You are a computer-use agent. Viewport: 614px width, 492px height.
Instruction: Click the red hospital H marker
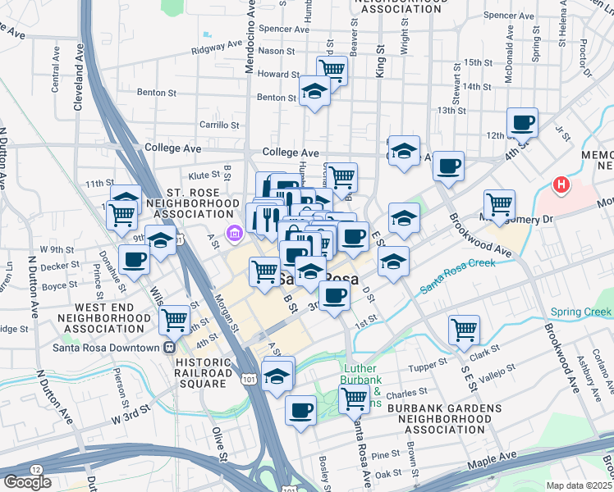coord(561,185)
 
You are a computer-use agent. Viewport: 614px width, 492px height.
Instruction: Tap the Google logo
coord(27,482)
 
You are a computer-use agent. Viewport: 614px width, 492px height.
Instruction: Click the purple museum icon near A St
coord(235,235)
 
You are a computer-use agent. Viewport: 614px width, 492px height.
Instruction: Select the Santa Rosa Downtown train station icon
coord(170,347)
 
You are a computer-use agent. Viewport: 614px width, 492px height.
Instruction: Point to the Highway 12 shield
coord(36,468)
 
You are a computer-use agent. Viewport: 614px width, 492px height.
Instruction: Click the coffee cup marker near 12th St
coord(522,124)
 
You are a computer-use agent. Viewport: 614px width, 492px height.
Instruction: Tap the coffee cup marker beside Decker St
coord(135,260)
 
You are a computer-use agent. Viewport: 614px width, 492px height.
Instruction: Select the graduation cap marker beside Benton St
coord(314,92)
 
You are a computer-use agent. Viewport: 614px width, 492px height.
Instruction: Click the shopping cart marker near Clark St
coord(464,330)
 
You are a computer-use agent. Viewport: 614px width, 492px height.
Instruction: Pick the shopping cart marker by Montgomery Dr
coord(499,203)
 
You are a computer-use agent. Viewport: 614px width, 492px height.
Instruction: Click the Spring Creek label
coord(580,312)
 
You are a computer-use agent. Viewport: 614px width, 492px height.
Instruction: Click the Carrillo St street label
coord(219,125)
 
